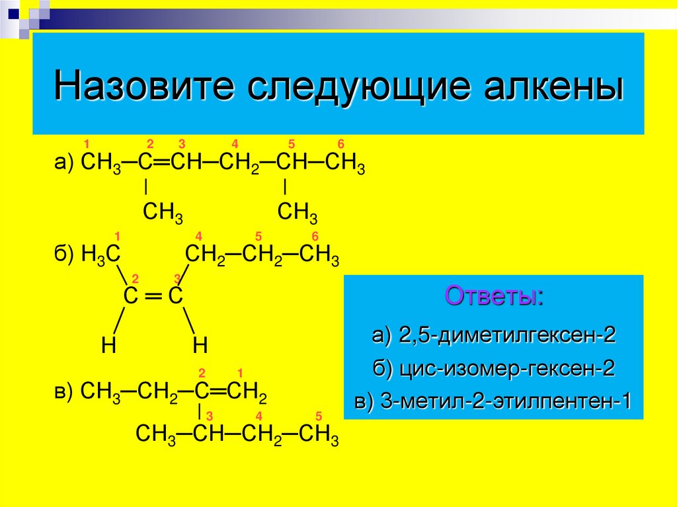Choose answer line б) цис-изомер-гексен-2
494,369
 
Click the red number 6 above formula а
340,145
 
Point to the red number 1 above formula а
86,145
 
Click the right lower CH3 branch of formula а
298,213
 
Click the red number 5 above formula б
259,237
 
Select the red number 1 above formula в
241,373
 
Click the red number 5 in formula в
318,416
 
